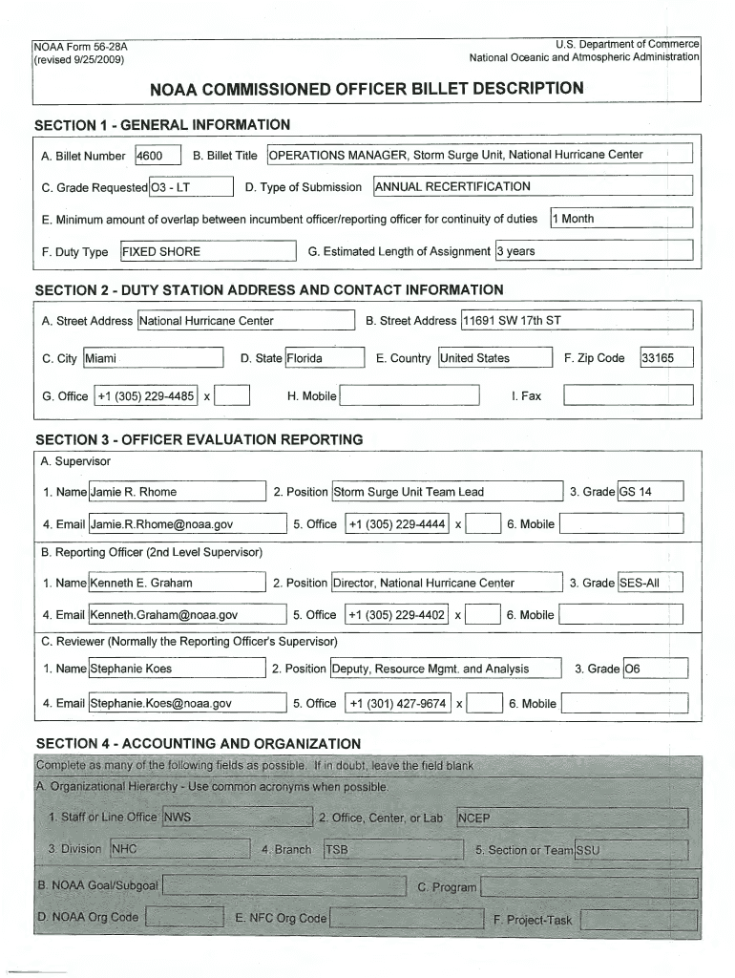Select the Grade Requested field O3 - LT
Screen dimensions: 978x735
[x=191, y=187]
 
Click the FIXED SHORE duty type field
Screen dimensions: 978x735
[x=208, y=252]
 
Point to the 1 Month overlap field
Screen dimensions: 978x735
[x=620, y=219]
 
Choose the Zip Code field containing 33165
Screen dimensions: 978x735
[x=666, y=359]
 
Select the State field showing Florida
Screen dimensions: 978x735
[x=325, y=359]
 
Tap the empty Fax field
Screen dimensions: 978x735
[x=628, y=395]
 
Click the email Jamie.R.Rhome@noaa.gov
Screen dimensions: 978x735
[x=187, y=524]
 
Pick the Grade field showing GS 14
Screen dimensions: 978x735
[x=650, y=492]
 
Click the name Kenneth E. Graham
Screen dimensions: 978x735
[x=176, y=583]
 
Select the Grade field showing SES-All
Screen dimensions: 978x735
[x=650, y=583]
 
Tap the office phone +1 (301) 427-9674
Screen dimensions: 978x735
[x=397, y=704]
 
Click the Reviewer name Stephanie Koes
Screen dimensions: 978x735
[x=176, y=669]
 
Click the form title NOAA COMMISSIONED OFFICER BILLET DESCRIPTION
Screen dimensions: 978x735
[x=367, y=89]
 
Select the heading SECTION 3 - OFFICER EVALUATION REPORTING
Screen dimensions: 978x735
[x=199, y=440]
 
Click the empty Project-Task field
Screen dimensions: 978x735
[x=637, y=920]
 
